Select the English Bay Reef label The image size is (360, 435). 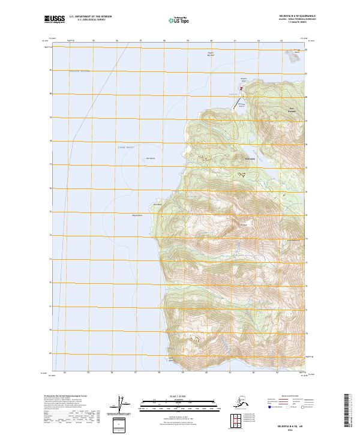211,54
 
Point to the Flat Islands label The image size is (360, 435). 151,158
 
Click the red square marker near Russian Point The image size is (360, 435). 241,90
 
